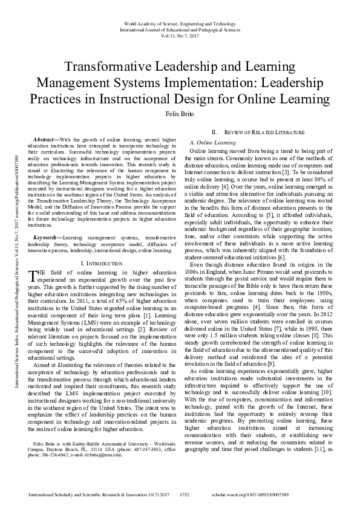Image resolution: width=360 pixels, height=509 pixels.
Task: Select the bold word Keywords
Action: pyautogui.click(x=47, y=238)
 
